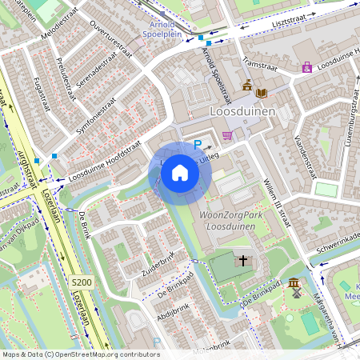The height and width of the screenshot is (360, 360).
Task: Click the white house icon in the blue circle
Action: (x=180, y=173)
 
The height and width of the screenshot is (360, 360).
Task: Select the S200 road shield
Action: (x=80, y=282)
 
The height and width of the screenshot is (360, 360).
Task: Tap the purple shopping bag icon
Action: (x=306, y=67)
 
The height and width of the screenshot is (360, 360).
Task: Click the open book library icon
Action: (x=261, y=94)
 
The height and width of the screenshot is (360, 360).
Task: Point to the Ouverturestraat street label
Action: (x=110, y=40)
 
